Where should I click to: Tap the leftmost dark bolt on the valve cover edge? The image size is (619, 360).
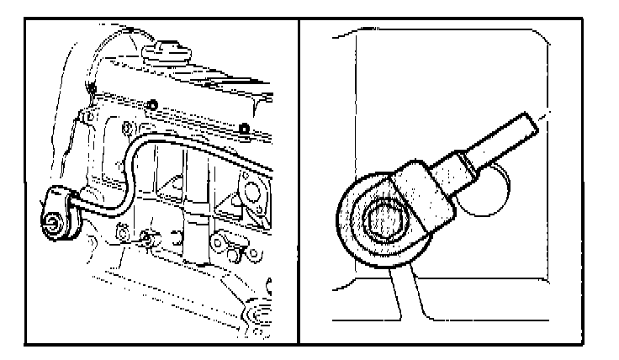90,91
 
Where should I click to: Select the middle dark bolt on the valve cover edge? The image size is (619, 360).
153,105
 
